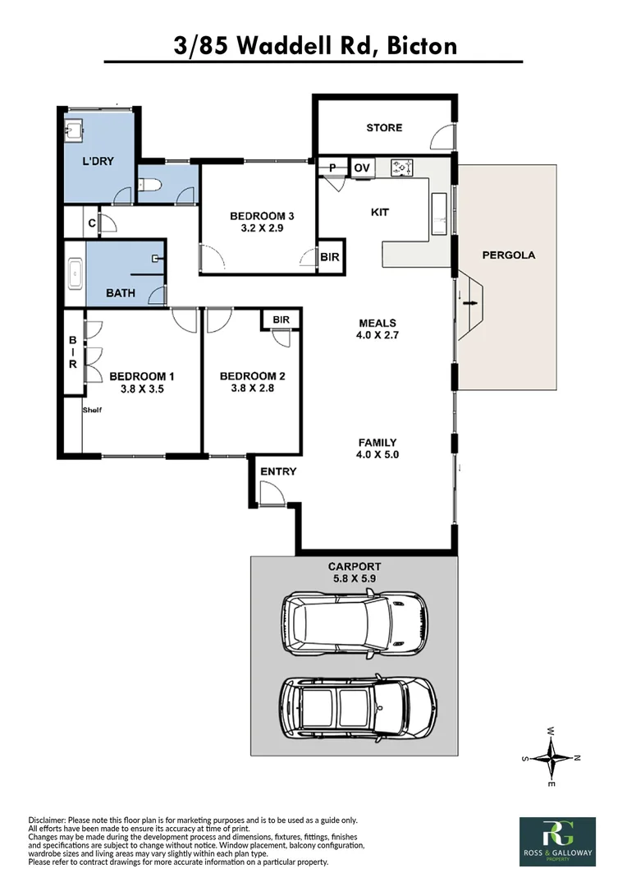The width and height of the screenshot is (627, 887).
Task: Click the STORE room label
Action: tap(384, 127)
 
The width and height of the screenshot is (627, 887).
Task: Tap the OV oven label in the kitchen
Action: tap(362, 168)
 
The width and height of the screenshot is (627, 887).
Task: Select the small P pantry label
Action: tap(332, 168)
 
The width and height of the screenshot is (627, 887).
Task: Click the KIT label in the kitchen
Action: tap(379, 212)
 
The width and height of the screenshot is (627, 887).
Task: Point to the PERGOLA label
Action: tap(508, 255)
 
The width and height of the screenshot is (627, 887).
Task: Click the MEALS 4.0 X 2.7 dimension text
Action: tap(377, 329)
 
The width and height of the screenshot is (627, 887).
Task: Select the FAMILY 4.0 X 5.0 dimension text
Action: tap(377, 448)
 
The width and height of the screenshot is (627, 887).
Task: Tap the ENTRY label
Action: tap(277, 471)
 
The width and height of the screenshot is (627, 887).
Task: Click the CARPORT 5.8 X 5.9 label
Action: tap(355, 572)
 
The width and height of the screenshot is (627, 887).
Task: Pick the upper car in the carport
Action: tap(354, 623)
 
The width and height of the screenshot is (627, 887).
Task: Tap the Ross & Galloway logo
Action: tap(557, 841)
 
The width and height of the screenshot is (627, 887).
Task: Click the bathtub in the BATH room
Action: tap(75, 273)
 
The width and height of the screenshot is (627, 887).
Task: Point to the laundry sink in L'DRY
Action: tap(73, 130)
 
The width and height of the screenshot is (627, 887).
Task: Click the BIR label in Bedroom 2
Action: tap(281, 319)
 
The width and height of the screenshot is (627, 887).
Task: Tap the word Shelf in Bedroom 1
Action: tap(91, 410)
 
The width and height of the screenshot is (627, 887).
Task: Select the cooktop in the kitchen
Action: tap(402, 168)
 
